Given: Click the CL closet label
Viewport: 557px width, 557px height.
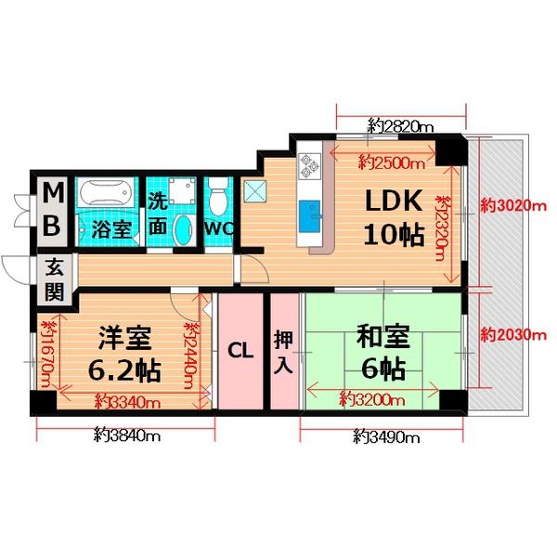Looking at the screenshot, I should point(240,351).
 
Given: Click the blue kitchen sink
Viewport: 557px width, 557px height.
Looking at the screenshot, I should point(310,217).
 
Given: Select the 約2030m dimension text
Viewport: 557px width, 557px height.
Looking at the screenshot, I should point(511,336).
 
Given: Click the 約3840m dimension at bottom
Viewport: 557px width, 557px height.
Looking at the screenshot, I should point(127,434).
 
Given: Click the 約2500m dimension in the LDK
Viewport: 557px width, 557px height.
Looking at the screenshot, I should point(391,164).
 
